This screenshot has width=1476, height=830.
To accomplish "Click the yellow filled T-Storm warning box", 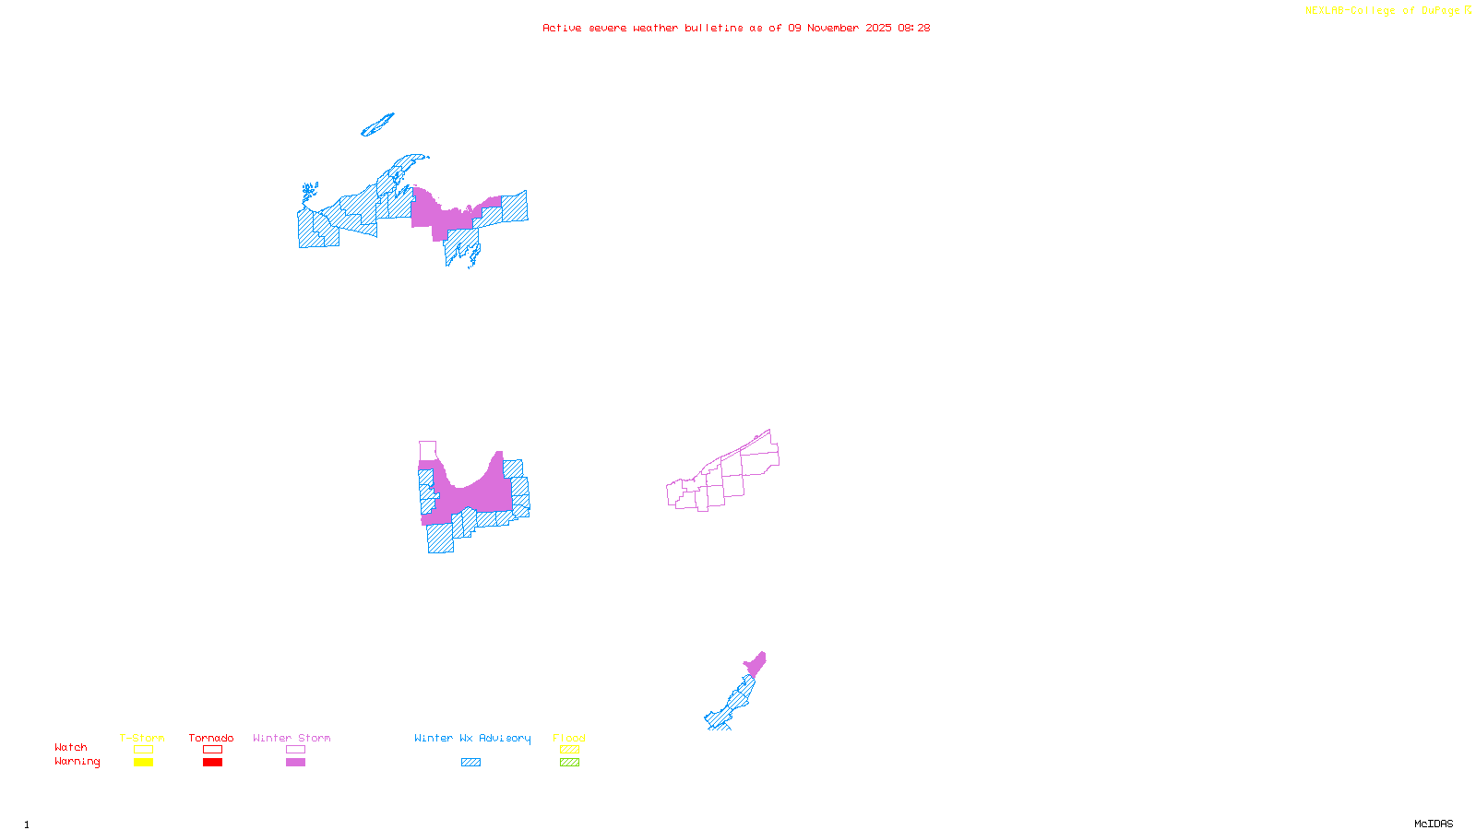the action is [143, 763].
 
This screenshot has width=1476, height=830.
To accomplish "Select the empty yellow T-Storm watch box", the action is [143, 750].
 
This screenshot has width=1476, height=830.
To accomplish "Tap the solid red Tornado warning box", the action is [212, 763].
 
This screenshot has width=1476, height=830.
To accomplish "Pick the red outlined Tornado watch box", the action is [212, 750].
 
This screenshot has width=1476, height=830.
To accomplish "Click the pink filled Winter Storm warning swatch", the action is [295, 763].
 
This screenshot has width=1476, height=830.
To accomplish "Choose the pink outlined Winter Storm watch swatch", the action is [295, 750].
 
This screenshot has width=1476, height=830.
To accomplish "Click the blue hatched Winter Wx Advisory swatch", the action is [470, 763].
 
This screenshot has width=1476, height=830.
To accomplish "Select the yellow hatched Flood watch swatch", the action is [569, 750].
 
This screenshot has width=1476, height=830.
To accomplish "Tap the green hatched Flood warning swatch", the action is [569, 763].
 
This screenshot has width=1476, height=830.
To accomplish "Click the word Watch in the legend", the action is [71, 748].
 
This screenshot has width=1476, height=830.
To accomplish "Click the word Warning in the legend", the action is [77, 762].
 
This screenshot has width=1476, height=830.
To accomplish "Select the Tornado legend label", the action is [211, 738].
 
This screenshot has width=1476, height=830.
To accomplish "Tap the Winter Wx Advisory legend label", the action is [472, 738].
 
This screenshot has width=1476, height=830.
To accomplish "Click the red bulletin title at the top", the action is [736, 28].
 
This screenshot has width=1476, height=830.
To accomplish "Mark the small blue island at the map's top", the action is [377, 125].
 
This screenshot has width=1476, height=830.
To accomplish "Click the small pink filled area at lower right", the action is [756, 664].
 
